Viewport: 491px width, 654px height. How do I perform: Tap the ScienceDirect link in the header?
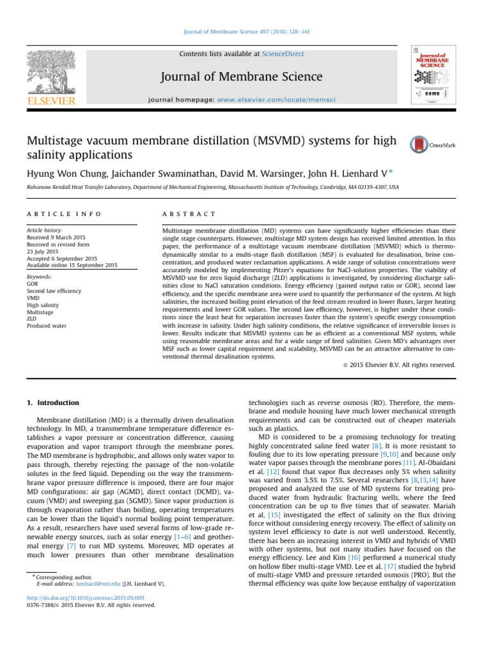click(x=283, y=54)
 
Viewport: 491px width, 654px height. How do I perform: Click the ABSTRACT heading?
click(x=190, y=213)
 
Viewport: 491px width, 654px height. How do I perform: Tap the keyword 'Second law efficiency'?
click(x=54, y=291)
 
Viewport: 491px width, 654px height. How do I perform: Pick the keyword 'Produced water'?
click(x=47, y=326)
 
